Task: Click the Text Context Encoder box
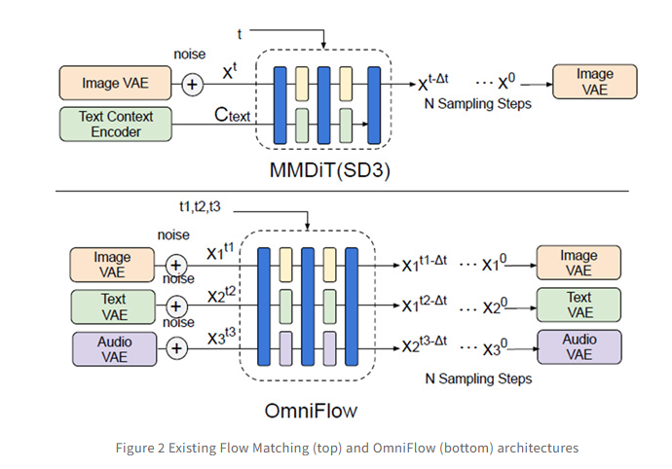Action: (x=110, y=124)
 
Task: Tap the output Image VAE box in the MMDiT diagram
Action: (x=594, y=82)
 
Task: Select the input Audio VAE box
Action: (x=113, y=347)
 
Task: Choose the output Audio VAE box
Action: (x=579, y=346)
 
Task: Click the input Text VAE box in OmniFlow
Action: (x=113, y=306)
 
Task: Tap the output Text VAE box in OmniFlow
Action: (x=579, y=305)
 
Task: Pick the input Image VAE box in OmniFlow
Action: (x=113, y=265)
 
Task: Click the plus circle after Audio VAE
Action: (x=175, y=347)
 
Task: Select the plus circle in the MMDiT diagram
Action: (x=192, y=84)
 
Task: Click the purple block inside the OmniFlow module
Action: (x=286, y=347)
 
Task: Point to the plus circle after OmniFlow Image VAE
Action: (x=175, y=264)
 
